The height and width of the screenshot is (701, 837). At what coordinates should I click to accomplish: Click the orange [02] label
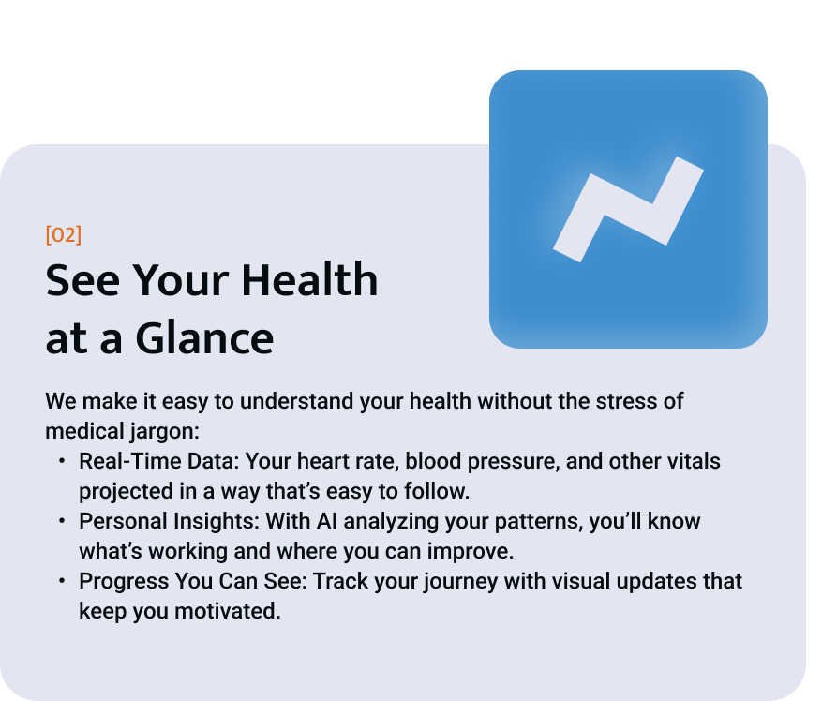[64, 235]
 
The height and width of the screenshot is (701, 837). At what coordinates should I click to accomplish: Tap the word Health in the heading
[309, 279]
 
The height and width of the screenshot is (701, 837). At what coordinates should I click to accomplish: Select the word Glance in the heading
[204, 338]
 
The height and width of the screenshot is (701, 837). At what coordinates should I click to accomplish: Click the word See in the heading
[82, 280]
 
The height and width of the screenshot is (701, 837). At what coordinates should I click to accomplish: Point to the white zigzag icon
[628, 209]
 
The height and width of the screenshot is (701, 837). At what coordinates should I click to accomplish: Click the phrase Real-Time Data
[157, 461]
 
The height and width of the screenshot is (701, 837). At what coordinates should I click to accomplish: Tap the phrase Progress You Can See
[191, 581]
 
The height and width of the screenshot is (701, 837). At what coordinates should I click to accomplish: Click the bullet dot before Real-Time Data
[62, 460]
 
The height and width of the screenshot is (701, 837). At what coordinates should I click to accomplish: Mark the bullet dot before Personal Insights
[62, 520]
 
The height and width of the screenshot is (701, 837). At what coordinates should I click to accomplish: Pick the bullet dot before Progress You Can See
[62, 580]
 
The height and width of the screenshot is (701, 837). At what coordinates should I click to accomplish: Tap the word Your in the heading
[181, 280]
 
